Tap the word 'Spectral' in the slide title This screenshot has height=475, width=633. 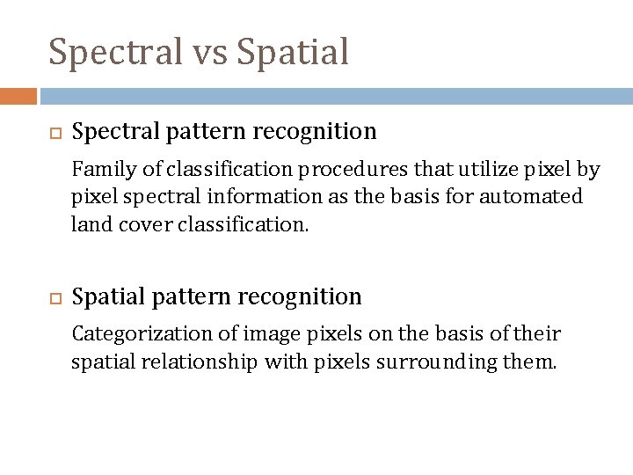[x=116, y=52]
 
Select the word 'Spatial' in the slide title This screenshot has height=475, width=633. [x=294, y=52]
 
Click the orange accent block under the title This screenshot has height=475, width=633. [x=18, y=96]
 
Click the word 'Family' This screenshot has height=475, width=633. [x=98, y=169]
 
